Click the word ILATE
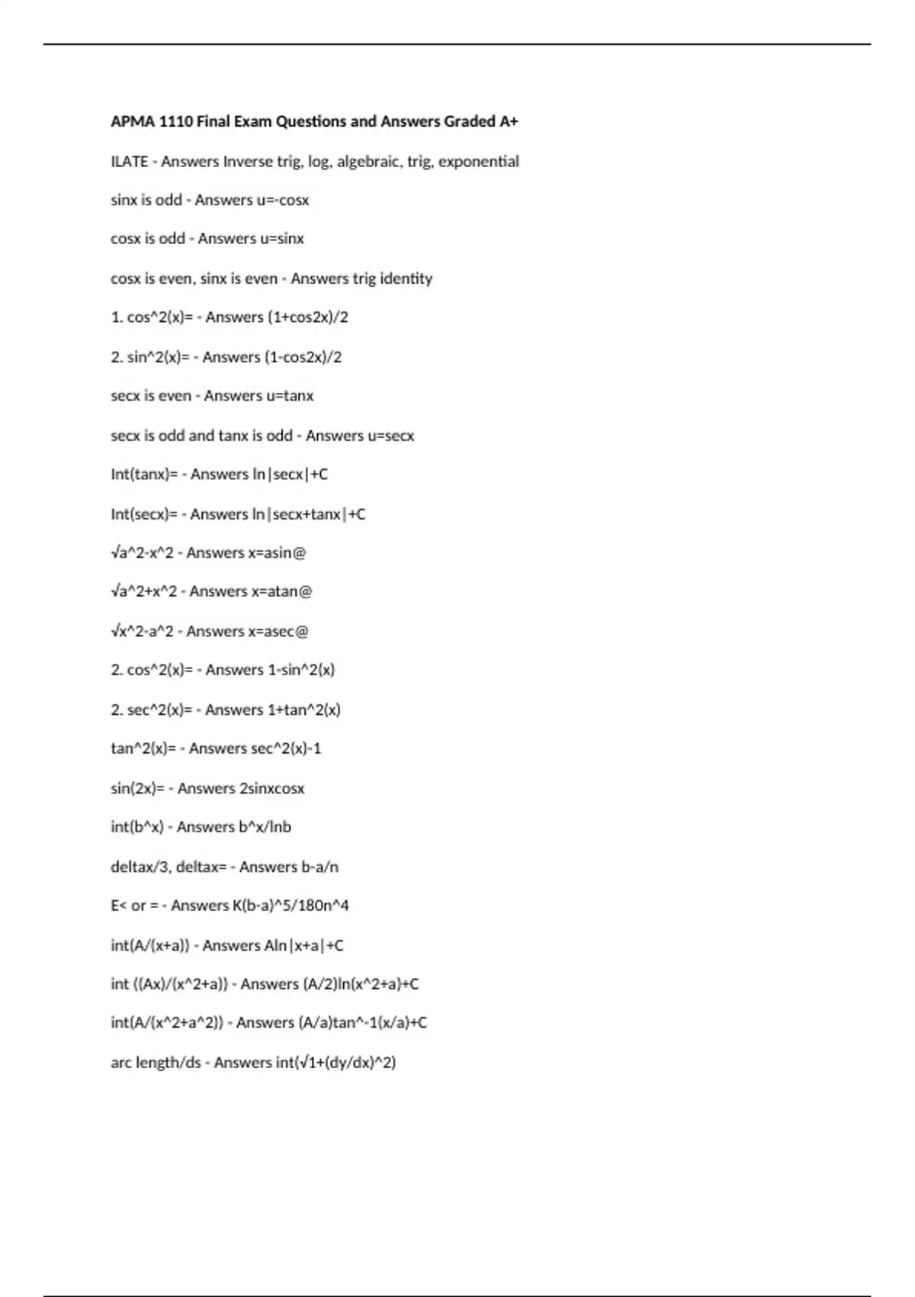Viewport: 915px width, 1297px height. pyautogui.click(x=129, y=161)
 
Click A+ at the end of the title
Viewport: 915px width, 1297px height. pyautogui.click(x=509, y=121)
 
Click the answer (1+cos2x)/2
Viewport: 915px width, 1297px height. pyautogui.click(x=307, y=317)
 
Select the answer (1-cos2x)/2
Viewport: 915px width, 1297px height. pyautogui.click(x=303, y=357)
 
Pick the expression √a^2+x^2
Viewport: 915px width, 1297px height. pyautogui.click(x=143, y=591)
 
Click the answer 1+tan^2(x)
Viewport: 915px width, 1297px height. pyautogui.click(x=303, y=710)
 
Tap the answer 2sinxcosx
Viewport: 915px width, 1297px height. pyautogui.click(x=271, y=789)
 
